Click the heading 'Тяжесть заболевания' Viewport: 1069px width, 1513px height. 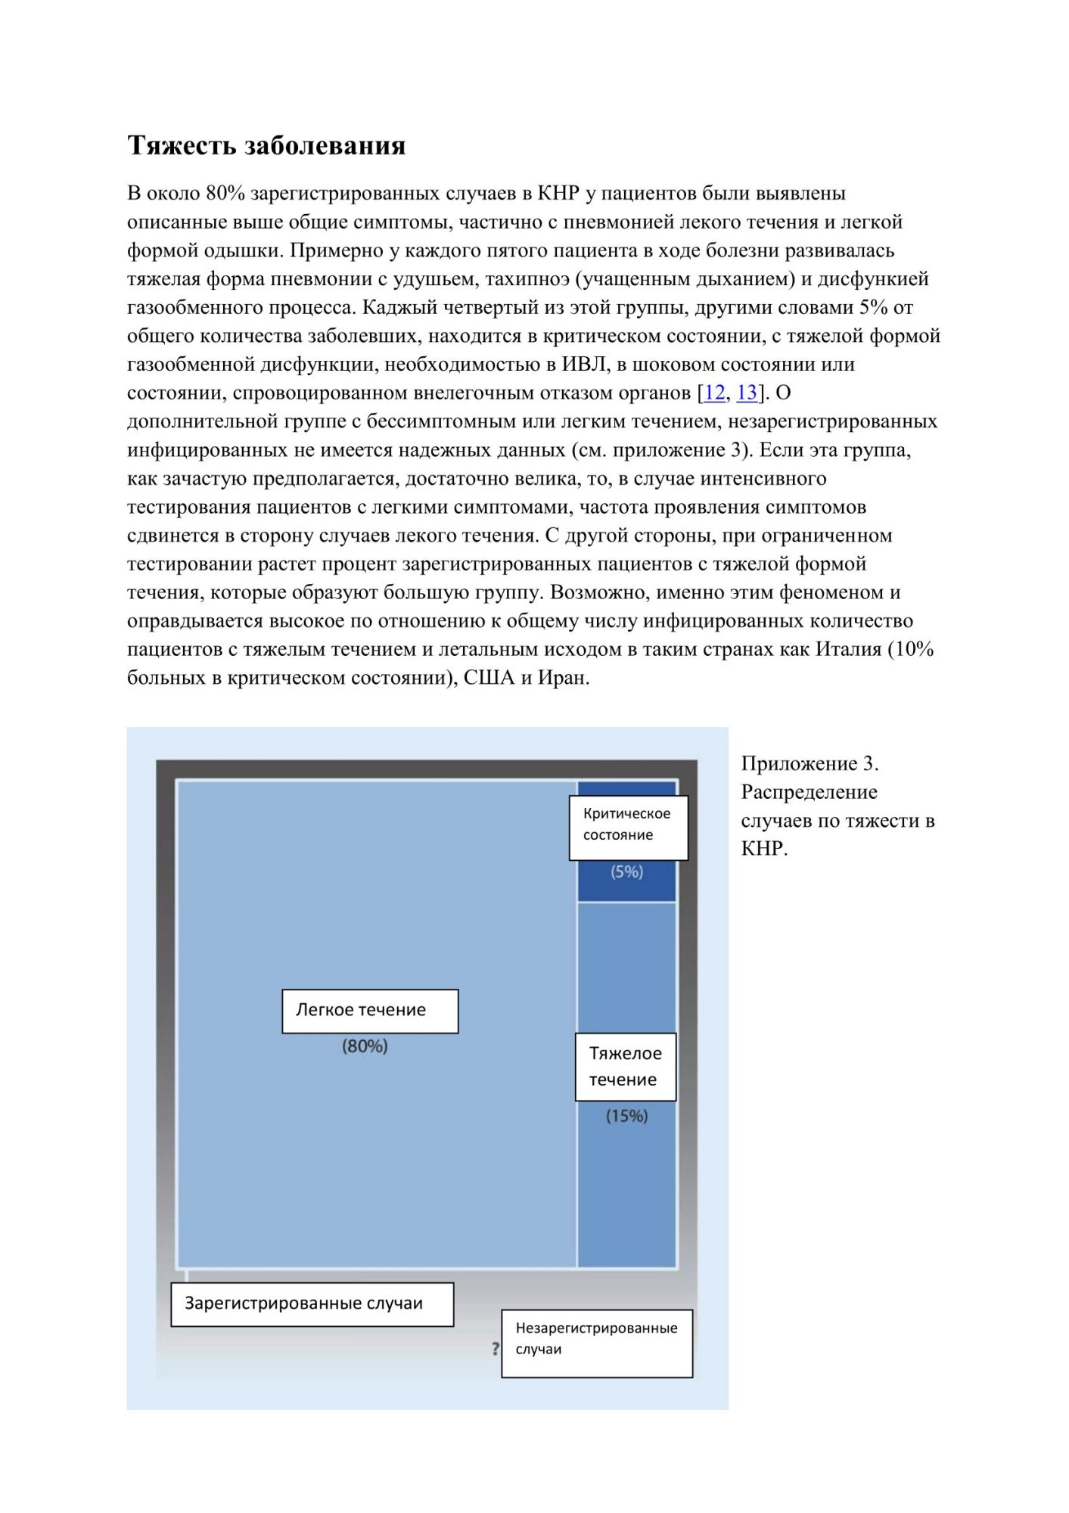pos(266,144)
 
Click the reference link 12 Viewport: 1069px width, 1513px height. pos(714,393)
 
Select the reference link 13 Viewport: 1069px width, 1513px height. pos(747,393)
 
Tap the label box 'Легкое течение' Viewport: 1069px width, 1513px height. pos(370,1011)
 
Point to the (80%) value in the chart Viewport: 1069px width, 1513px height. pos(365,1046)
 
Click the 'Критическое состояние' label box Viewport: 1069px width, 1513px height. pos(628,827)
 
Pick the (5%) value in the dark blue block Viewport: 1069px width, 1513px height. pos(626,872)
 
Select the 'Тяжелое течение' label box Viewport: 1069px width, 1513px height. pos(625,1067)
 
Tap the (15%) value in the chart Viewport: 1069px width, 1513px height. pos(626,1116)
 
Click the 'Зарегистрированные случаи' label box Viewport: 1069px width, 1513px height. pos(312,1303)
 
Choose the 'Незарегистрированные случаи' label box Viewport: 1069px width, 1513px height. pos(597,1343)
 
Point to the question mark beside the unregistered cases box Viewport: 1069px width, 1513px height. pos(496,1348)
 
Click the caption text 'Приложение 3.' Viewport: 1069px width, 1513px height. pos(810,763)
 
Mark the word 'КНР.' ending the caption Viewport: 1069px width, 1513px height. pos(764,849)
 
